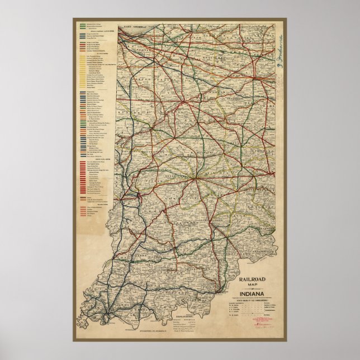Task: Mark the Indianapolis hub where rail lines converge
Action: (x=196, y=179)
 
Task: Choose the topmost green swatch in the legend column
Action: (x=89, y=24)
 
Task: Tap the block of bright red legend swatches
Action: (x=89, y=173)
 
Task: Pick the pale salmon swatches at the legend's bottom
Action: (x=89, y=210)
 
